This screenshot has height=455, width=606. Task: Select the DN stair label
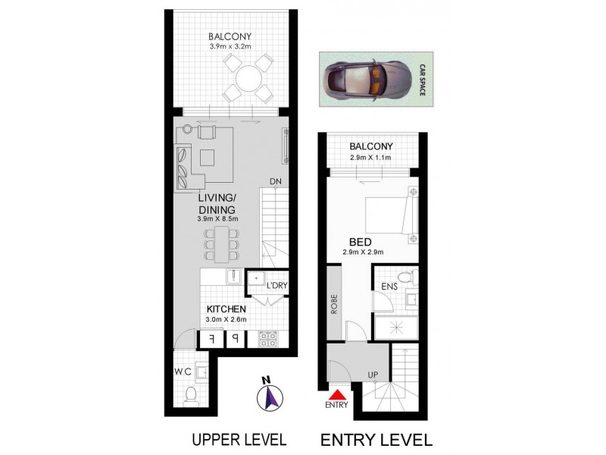click(276, 181)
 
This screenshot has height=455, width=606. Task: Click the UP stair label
click(373, 375)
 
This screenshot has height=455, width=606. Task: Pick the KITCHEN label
click(226, 309)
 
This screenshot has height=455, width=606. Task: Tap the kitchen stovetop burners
click(267, 340)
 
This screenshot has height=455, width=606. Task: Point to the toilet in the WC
click(192, 394)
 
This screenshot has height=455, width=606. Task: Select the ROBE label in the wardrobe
click(330, 303)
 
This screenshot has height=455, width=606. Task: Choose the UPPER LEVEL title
click(238, 439)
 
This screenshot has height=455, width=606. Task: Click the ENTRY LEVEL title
click(376, 439)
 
